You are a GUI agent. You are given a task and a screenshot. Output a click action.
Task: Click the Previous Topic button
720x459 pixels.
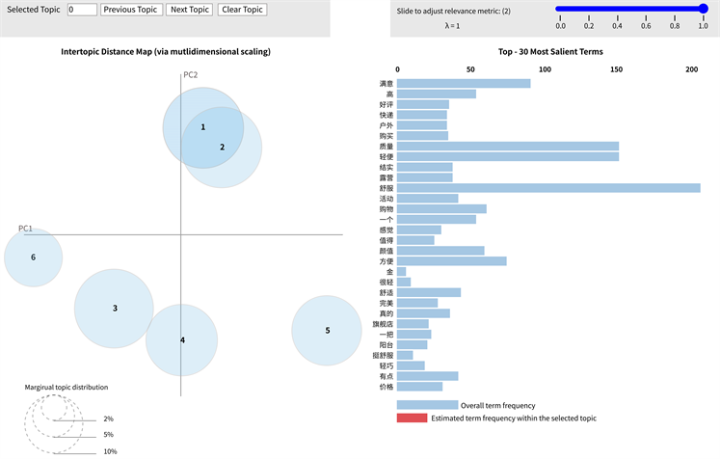[x=131, y=10]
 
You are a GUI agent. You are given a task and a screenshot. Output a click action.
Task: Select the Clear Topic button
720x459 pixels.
[x=242, y=10]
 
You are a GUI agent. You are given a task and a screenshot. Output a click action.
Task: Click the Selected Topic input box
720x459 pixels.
[x=82, y=10]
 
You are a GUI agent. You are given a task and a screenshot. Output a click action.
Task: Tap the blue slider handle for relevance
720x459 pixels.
[x=703, y=9]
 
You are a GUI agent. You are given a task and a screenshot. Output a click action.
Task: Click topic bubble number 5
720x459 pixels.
[x=327, y=331]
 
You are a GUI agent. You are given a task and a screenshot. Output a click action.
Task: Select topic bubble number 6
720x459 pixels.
[x=33, y=257]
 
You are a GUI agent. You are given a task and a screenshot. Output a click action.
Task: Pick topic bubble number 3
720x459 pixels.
[x=114, y=309]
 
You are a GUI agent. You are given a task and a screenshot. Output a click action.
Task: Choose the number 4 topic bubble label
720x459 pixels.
[x=182, y=339]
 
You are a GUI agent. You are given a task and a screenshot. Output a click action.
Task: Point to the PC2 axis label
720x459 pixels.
[x=191, y=75]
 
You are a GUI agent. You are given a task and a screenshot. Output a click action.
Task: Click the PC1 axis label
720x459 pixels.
[x=26, y=229]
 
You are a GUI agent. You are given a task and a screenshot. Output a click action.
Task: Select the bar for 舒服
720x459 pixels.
[x=548, y=187]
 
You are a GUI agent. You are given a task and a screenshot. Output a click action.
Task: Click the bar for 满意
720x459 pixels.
[x=464, y=83]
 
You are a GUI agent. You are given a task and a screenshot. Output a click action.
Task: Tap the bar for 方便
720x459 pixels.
[x=451, y=260]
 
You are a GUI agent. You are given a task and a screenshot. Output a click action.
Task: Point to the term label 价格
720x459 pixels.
[x=386, y=386]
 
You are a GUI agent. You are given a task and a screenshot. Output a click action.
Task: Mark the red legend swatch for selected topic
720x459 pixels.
[x=412, y=418]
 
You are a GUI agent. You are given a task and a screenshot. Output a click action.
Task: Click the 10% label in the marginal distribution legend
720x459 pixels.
[x=109, y=451]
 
